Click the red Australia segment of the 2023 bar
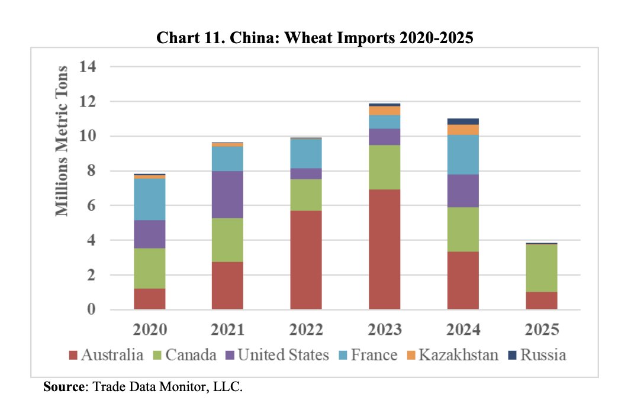[385, 249]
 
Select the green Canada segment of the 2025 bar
[542, 267]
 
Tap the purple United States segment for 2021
[227, 195]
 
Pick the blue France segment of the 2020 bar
[149, 199]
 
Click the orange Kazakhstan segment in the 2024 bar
[463, 130]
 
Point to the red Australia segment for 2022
[306, 260]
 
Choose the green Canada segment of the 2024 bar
[463, 229]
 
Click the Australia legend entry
[106, 355]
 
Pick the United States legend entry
[281, 355]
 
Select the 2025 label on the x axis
[542, 329]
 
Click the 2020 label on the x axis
[149, 329]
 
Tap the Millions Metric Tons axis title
[63, 141]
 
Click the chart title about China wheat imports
[315, 39]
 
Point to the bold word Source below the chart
[65, 388]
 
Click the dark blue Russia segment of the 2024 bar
[463, 121]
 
